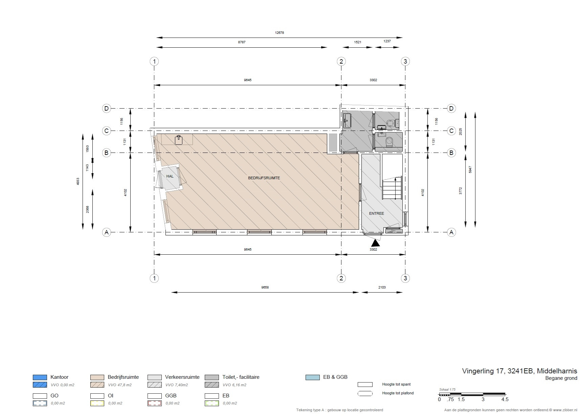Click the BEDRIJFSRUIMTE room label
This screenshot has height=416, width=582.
(264, 178)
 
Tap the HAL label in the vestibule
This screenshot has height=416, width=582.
(170, 176)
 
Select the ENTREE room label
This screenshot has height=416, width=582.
(377, 213)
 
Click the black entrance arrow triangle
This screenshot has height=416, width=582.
(376, 242)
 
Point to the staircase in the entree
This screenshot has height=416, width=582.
(392, 188)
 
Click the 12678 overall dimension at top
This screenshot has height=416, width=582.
(279, 33)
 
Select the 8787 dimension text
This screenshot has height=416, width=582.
(242, 42)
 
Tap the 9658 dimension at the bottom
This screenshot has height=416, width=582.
(265, 287)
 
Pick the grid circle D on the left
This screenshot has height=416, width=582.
(107, 109)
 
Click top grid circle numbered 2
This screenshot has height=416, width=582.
(341, 61)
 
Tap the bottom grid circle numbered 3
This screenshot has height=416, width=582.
(405, 278)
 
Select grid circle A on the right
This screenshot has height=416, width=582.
(451, 232)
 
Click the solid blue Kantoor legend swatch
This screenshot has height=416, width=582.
(40, 377)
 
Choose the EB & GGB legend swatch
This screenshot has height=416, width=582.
(312, 377)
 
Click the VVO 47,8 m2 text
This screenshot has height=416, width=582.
(120, 385)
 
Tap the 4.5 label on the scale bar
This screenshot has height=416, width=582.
(505, 399)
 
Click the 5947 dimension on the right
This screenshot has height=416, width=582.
(470, 169)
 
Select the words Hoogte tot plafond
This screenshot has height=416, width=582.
(398, 393)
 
